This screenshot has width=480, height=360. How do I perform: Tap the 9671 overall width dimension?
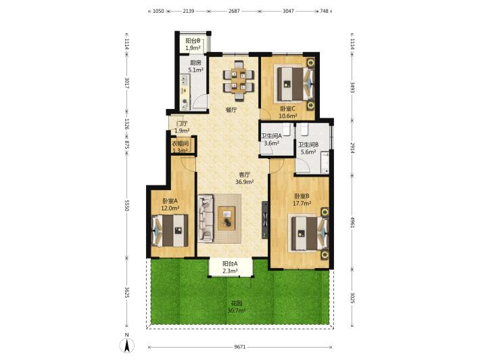click(x=240, y=347)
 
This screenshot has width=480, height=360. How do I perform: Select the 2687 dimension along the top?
click(x=234, y=11)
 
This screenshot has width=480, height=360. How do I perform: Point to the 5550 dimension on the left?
click(x=127, y=205)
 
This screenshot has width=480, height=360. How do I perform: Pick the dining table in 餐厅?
click(x=239, y=81)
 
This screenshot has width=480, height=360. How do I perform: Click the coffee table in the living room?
click(x=226, y=219)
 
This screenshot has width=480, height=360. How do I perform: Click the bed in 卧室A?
click(x=170, y=230)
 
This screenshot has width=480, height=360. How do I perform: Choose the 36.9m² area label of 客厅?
click(x=244, y=182)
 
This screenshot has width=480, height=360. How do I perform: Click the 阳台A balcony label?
click(x=231, y=263)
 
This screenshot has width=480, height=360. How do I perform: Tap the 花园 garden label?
click(x=237, y=304)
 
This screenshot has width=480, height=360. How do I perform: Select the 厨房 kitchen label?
click(x=195, y=63)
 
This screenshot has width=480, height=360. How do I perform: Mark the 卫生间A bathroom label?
click(x=271, y=136)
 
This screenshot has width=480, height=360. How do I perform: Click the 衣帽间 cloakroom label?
click(x=180, y=143)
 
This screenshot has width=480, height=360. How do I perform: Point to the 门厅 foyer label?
click(x=182, y=123)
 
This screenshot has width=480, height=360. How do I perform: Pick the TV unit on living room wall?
click(x=265, y=220)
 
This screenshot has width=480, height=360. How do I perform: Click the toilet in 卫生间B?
click(x=305, y=129)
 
